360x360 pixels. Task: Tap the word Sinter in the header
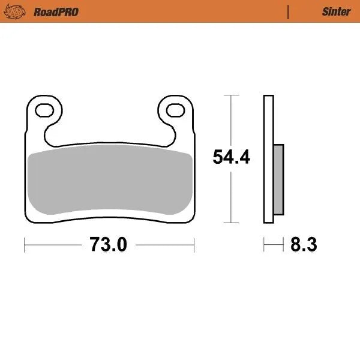point(336,11)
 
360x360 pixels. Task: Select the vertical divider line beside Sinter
point(289,11)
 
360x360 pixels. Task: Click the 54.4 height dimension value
point(232,157)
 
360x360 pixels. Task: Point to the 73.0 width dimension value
point(109,245)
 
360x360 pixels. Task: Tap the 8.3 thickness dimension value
point(303,245)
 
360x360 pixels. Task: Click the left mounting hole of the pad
point(45,110)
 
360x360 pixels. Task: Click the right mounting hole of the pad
point(175,110)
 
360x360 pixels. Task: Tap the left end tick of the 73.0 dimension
point(25,245)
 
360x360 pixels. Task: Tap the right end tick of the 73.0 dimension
point(194,245)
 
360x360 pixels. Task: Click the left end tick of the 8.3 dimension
point(265,245)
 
